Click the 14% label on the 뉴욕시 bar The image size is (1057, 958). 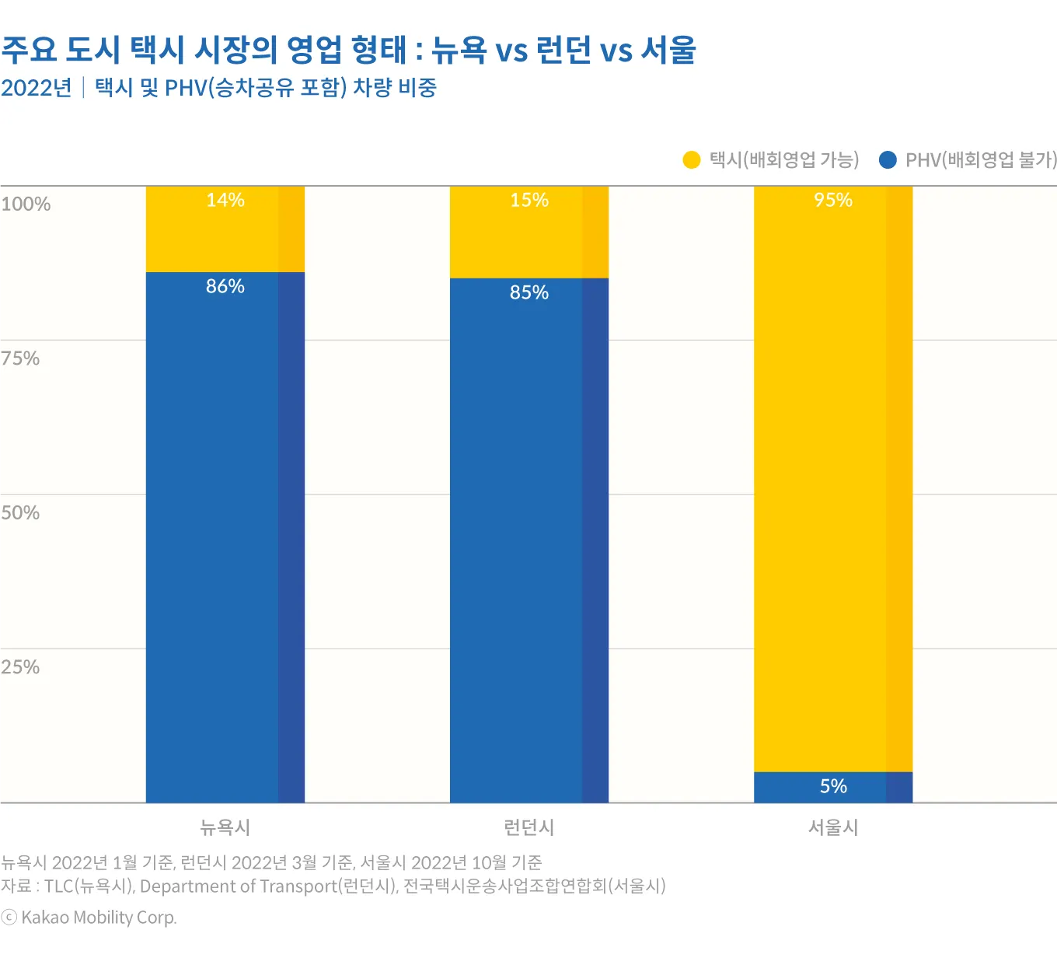(225, 201)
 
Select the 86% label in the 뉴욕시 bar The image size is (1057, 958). (225, 286)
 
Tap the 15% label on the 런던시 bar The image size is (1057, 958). (529, 201)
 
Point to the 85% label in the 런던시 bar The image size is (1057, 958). (529, 292)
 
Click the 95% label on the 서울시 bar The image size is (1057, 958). (833, 201)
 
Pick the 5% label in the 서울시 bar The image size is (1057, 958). (833, 786)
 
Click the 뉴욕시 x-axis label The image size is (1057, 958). (225, 827)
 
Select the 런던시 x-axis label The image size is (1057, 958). (529, 827)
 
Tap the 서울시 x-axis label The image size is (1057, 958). (833, 827)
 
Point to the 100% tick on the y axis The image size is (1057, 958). (26, 205)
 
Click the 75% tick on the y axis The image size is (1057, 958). (20, 358)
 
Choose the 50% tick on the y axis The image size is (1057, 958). (20, 513)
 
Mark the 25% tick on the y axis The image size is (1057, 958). (20, 667)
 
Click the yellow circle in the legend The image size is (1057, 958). (692, 160)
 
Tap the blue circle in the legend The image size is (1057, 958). (888, 160)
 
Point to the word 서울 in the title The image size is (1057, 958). (668, 50)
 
